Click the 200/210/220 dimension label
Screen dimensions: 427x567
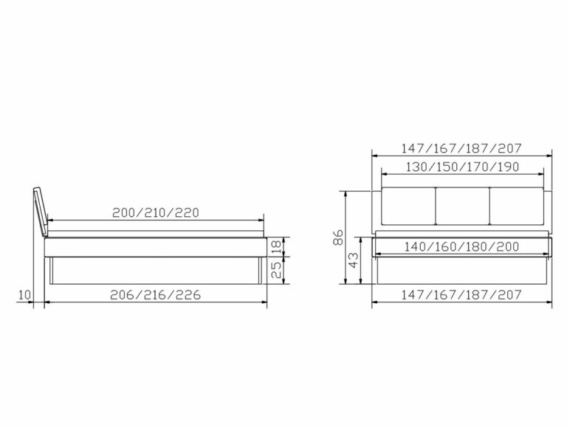[x=156, y=212]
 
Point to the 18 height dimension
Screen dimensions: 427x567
[x=276, y=246]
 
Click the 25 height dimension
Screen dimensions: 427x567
[x=276, y=271]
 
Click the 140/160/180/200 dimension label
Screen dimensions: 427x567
[x=462, y=247]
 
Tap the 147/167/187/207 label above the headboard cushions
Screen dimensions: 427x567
[x=462, y=147]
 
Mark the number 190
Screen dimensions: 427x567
[x=508, y=166]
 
